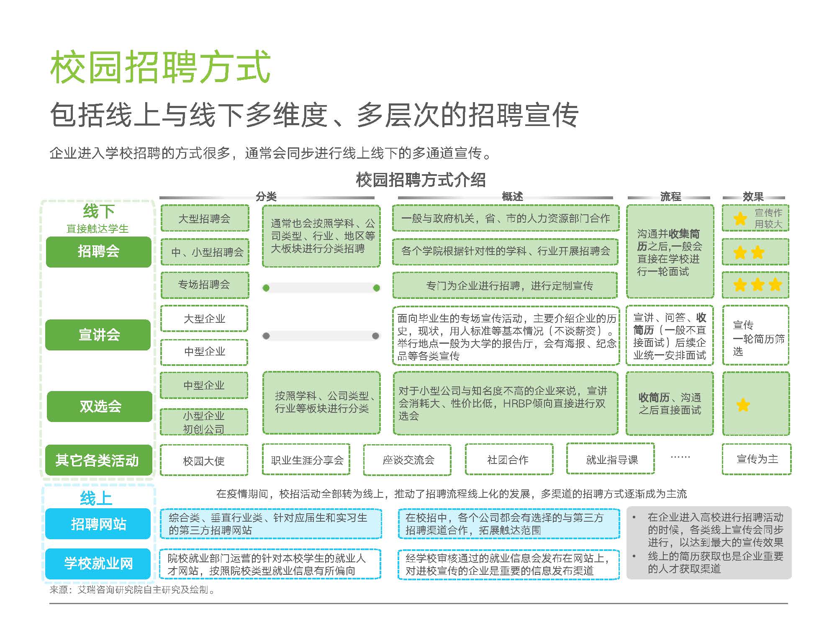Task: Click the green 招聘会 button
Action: click(98, 252)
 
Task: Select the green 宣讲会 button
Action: click(98, 335)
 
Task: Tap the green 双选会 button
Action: click(100, 406)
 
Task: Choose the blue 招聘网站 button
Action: click(98, 524)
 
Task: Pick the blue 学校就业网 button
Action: click(98, 564)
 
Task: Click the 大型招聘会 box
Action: click(205, 218)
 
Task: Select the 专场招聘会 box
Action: click(205, 285)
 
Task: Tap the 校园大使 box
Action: click(204, 461)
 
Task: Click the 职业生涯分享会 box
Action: click(306, 460)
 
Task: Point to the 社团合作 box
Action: click(509, 460)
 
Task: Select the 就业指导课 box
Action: click(611, 459)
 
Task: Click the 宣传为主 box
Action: click(757, 459)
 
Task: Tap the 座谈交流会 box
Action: click(408, 460)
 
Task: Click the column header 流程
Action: click(670, 196)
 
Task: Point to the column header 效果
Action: click(753, 196)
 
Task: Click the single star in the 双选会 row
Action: click(743, 405)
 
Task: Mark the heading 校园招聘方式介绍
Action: click(420, 180)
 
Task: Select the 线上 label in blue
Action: click(96, 498)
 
